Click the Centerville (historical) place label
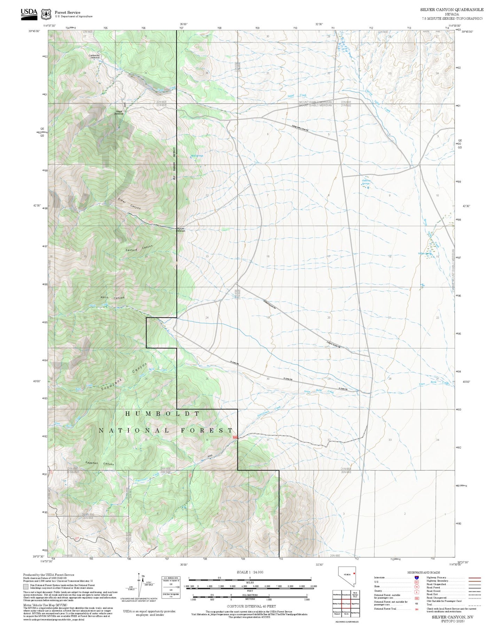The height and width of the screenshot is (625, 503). (94, 56)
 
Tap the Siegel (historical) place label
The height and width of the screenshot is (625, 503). (119, 112)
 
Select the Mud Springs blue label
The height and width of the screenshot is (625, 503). (197, 156)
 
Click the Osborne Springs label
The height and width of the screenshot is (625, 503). (366, 182)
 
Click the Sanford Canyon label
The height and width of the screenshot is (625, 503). (139, 249)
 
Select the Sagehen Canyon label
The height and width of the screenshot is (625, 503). (100, 463)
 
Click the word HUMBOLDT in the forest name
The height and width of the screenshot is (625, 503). (162, 414)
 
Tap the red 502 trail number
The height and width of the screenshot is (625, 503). (151, 222)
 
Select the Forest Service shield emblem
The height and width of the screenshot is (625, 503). (46, 14)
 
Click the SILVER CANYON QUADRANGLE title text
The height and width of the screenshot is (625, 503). (451, 9)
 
